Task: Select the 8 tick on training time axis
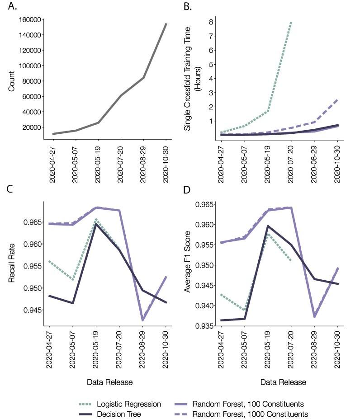tap(210, 22)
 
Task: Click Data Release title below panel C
tap(110, 382)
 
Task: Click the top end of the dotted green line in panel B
tap(290, 21)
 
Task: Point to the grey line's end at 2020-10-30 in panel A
tap(166, 24)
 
